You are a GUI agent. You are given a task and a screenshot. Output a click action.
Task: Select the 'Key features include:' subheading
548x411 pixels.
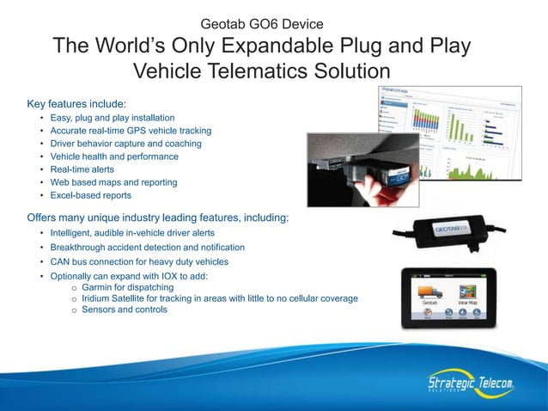(x=76, y=104)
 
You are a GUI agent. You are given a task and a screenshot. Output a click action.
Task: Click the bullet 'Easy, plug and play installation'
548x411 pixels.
(x=113, y=118)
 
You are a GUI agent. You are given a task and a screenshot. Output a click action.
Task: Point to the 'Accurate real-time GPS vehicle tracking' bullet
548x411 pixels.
(x=131, y=131)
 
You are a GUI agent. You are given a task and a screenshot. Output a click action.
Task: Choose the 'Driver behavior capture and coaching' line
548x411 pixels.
(x=126, y=144)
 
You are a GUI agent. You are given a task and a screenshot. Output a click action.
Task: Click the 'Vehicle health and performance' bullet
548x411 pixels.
(x=114, y=156)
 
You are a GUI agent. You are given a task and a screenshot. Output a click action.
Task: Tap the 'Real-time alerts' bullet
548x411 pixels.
(x=88, y=169)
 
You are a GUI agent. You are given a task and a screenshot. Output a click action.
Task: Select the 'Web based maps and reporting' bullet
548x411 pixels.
(x=113, y=182)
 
